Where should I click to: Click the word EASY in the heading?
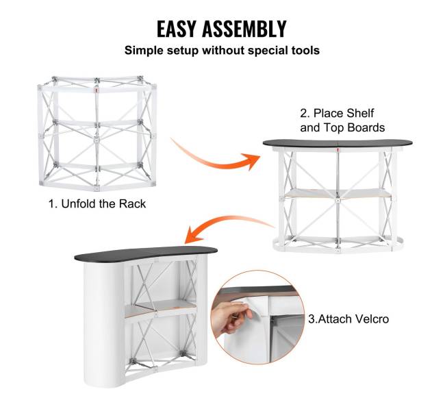(176, 29)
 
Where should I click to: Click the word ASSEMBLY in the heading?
(244, 29)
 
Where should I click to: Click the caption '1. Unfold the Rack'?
(97, 204)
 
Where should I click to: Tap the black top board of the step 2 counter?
(338, 143)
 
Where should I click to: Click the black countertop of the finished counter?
(146, 253)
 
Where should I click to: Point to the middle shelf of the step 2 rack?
(338, 194)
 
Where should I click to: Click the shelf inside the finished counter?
(160, 308)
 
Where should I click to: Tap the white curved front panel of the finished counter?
(104, 323)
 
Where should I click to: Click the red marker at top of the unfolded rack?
(97, 90)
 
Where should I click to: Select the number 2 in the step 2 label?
(304, 113)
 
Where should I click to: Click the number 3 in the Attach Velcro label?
(311, 319)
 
